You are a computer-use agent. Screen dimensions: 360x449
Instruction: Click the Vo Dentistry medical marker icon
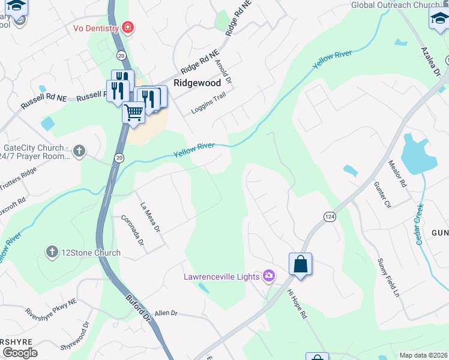pyautogui.click(x=127, y=27)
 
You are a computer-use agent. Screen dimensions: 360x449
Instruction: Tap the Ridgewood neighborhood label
pyautogui.click(x=197, y=83)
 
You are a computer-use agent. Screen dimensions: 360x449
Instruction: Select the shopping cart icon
pyautogui.click(x=133, y=112)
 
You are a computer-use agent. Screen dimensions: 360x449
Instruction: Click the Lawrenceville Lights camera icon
pyautogui.click(x=269, y=275)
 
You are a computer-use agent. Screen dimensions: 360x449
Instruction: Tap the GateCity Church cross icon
pyautogui.click(x=79, y=151)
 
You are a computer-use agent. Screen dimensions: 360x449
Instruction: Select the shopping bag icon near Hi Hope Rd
pyautogui.click(x=300, y=265)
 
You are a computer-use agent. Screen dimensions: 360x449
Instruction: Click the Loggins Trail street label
pyautogui.click(x=207, y=103)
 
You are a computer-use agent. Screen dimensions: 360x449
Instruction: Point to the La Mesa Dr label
pyautogui.click(x=150, y=217)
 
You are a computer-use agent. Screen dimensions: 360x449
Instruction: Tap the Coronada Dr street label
pyautogui.click(x=133, y=230)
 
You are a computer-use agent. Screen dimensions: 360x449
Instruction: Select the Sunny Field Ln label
pyautogui.click(x=388, y=279)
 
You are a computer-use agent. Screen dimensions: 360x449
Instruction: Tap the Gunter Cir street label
pyautogui.click(x=382, y=195)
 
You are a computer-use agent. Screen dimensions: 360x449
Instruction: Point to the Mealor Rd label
pyautogui.click(x=397, y=173)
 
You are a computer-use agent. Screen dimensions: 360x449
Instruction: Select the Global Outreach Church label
pyautogui.click(x=395, y=5)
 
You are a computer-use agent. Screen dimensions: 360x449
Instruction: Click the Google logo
pyautogui.click(x=20, y=353)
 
